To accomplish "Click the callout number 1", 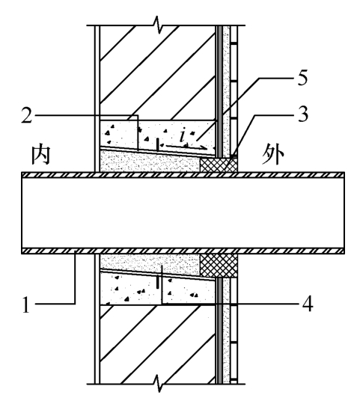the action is pos(26,305).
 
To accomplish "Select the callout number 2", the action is pos(27,115).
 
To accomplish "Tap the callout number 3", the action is pos(303,114).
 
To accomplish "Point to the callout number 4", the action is pos(308,304).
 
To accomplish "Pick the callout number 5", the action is pos(302,78).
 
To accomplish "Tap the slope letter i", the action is pos(183,135).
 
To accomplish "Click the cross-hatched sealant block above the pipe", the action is pos(219,165).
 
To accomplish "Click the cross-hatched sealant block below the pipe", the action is pos(219,266).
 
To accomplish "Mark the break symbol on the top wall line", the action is pos(157,25).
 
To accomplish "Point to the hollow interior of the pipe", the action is pos(183,212).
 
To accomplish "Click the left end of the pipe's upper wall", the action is pos(22,175).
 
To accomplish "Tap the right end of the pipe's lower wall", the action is pos(344,251).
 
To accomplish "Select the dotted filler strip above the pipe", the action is pos(150,162).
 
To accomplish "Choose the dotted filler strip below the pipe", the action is pos(150,264).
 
